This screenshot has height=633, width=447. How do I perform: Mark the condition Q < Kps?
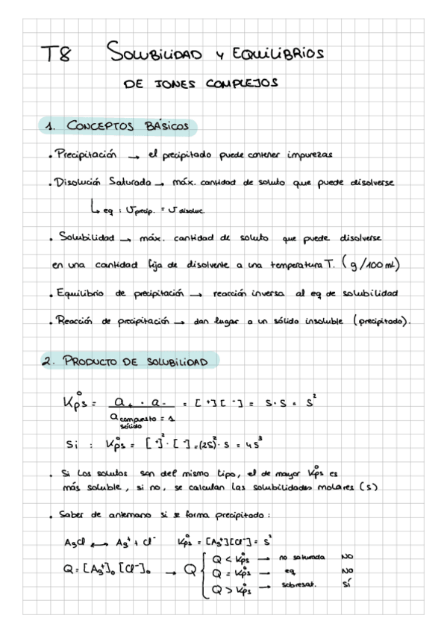pyautogui.click(x=234, y=558)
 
